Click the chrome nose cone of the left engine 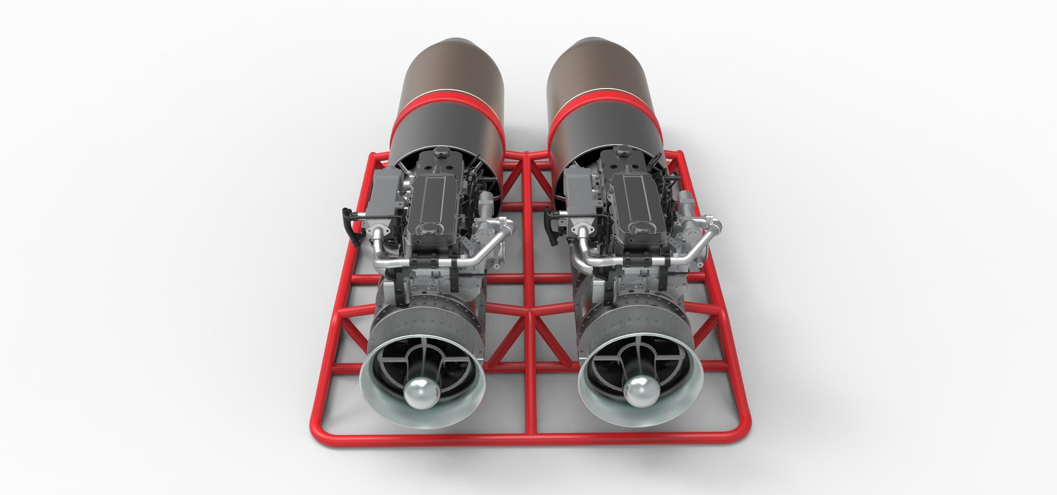[419, 392]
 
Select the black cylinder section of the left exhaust [446, 132]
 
